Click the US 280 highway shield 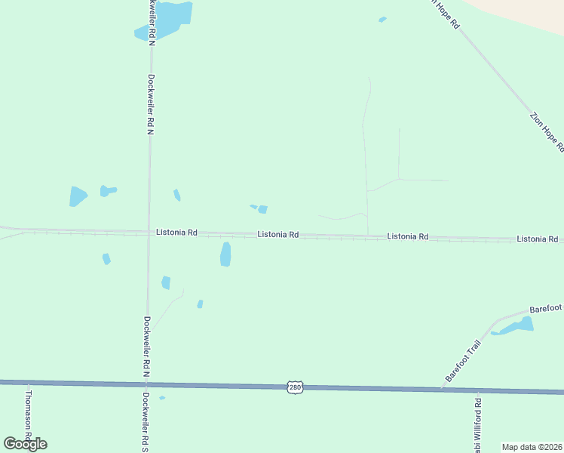[295, 387]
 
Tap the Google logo [25, 444]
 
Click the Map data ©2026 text [532, 447]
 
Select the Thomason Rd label [29, 414]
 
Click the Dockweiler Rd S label [145, 421]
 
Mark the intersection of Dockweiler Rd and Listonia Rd [149, 233]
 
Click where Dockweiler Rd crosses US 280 [146, 384]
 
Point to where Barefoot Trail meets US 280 [442, 389]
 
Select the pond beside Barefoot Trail [516, 326]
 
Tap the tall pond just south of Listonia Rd [225, 254]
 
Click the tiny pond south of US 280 [162, 398]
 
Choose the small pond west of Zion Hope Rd [382, 20]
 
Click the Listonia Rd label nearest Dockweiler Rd [176, 233]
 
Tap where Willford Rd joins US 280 [477, 390]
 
